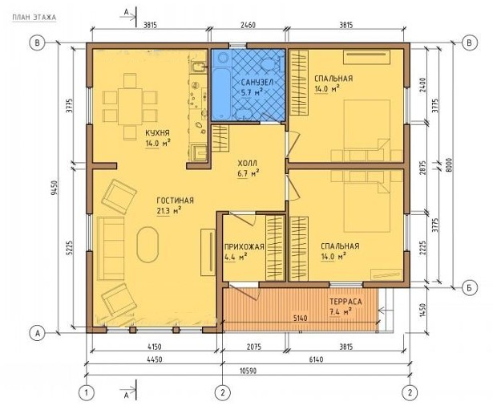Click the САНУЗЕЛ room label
coord(257,82)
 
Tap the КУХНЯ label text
coord(157,133)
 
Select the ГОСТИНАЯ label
coord(175,201)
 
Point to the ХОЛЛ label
coord(248,163)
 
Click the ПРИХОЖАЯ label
coord(244,246)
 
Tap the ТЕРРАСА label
coord(346,302)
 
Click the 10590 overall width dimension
coord(248,371)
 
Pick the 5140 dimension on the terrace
coord(300,319)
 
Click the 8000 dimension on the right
coord(449,165)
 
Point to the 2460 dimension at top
coord(248,25)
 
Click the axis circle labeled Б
coord(469,287)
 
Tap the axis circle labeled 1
coord(86,392)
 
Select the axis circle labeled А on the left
coord(38,333)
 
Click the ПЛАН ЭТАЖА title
coord(34,18)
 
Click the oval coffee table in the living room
coord(147,245)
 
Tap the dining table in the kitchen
coord(130,107)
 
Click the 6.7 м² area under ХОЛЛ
coord(248,173)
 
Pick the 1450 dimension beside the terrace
coord(423,311)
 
